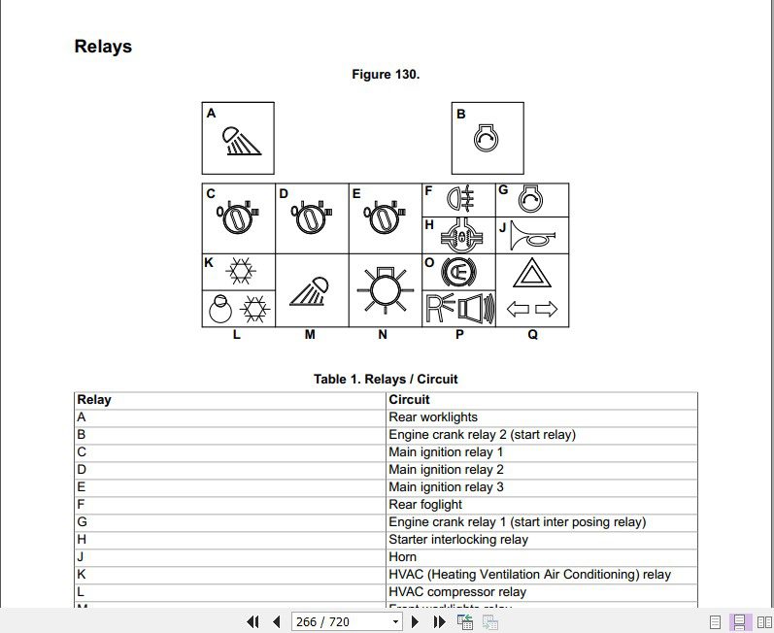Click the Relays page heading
coord(103,47)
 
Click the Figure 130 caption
coord(386,75)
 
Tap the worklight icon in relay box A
coord(242,142)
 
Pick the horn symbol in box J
coord(531,236)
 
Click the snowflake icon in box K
coord(239,271)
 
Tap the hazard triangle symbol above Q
coord(532,274)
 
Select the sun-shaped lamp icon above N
coord(386,289)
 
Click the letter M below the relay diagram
coord(310,335)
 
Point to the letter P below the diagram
coord(459,335)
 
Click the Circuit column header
coord(409,399)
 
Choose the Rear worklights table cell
coord(433,417)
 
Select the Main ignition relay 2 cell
coord(446,470)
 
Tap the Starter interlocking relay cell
coord(458,540)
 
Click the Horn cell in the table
coord(403,557)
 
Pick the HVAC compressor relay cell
coord(457,592)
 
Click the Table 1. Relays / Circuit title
coord(386,379)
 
